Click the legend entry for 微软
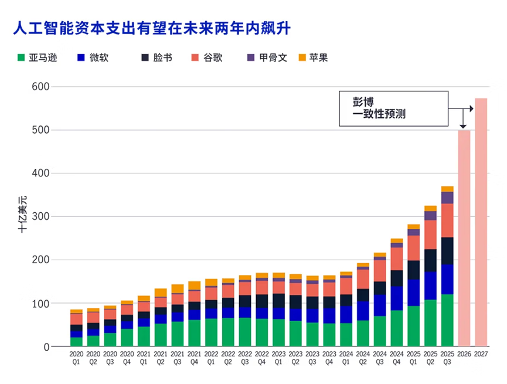point(93,57)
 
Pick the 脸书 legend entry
point(156,57)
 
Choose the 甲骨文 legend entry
point(267,57)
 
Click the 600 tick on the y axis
point(41,87)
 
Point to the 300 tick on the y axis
point(41,217)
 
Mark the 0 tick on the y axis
point(46,347)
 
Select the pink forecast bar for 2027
point(481,223)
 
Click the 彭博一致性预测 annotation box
point(393,108)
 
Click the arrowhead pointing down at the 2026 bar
point(463,126)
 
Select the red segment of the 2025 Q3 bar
point(447,220)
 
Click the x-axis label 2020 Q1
point(76,359)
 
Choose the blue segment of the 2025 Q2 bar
point(430,286)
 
